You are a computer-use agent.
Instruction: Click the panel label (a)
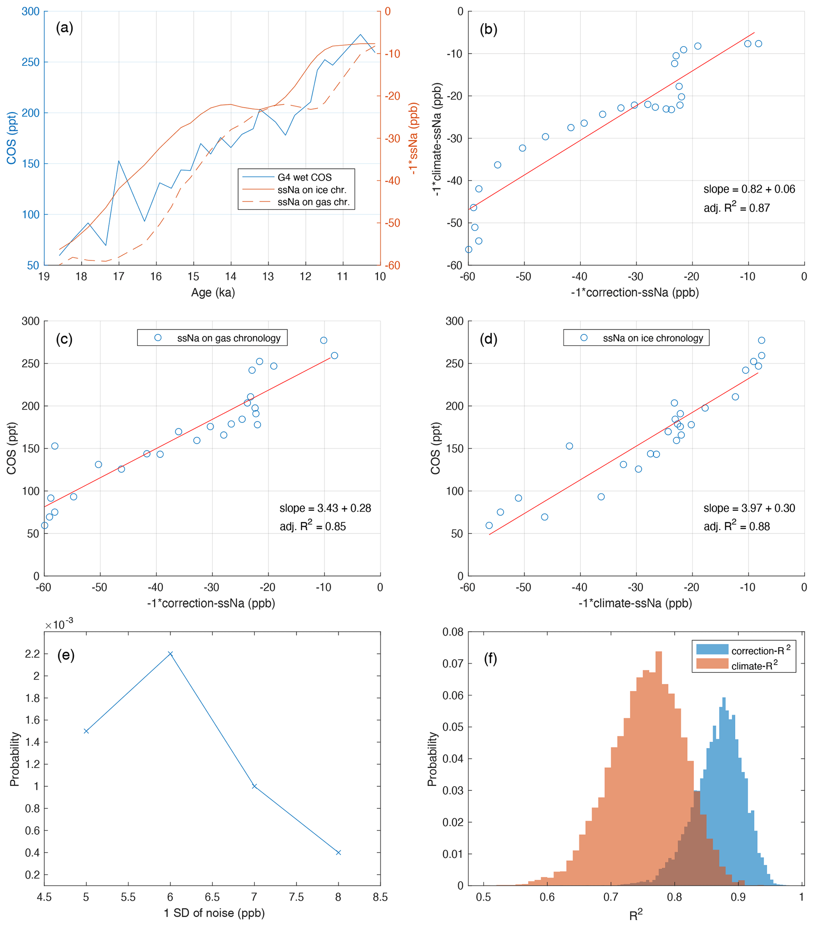click(64, 28)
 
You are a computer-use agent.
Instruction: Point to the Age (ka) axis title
click(213, 292)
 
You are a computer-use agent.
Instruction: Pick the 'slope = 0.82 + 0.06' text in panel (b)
click(749, 189)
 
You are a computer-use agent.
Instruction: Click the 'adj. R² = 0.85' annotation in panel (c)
click(312, 526)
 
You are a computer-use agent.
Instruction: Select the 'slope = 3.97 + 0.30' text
click(749, 508)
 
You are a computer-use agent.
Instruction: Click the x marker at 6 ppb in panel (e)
click(171, 653)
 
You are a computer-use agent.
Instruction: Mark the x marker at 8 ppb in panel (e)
click(338, 853)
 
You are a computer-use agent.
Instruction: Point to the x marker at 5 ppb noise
click(86, 731)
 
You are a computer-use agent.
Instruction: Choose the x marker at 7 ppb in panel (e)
click(254, 786)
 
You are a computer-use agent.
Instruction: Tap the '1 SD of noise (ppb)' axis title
click(214, 912)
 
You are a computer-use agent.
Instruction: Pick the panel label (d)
click(489, 339)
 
